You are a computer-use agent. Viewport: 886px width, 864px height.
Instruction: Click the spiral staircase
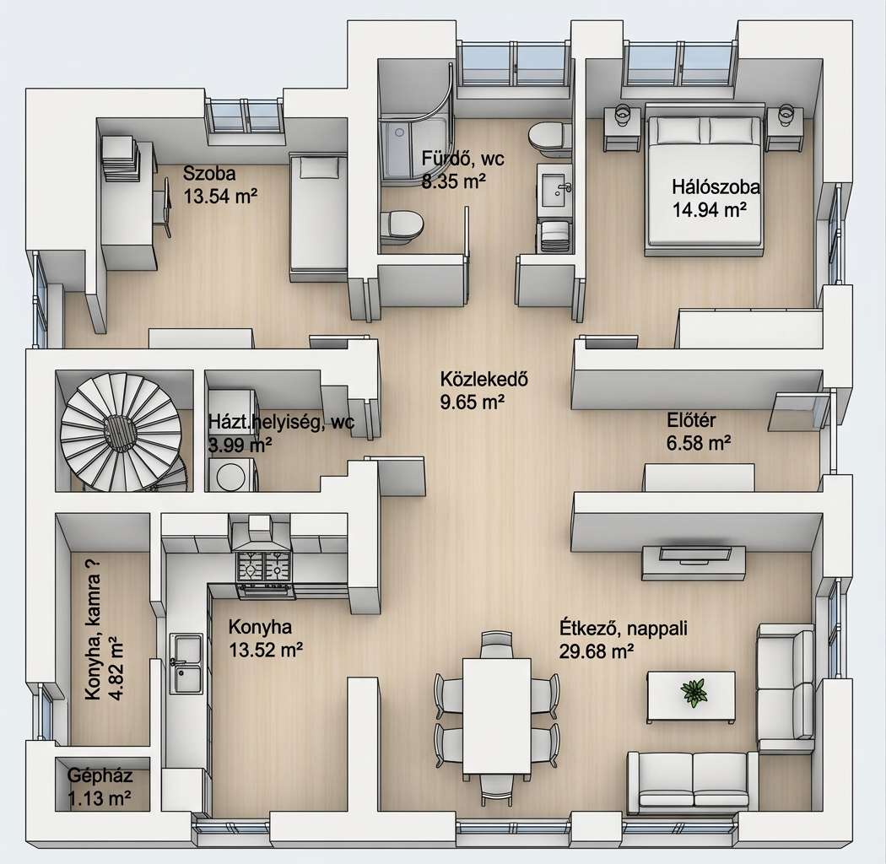point(122,430)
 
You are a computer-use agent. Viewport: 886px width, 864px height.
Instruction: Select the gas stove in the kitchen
point(264,566)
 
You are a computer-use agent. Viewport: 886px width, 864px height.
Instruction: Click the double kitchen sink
point(186,663)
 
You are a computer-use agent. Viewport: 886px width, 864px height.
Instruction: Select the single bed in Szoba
point(317,217)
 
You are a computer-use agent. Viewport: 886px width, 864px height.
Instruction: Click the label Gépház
point(100,775)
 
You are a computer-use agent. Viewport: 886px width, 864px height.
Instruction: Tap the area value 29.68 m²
point(596,651)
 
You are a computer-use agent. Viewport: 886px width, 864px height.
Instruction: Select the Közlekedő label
point(484,379)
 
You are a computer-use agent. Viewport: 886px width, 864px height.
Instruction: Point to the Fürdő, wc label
point(462,159)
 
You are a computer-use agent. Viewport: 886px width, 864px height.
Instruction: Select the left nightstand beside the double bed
point(622,129)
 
